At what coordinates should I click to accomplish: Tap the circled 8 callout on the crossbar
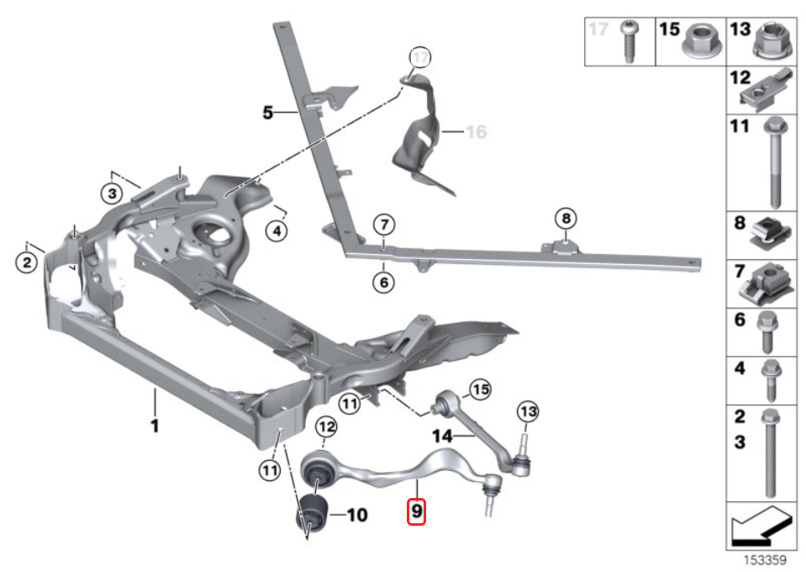coord(566,219)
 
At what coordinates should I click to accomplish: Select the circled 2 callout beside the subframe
coord(27,263)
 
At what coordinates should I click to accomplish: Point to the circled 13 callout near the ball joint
coord(527,412)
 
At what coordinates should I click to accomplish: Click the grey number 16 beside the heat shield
coord(476,132)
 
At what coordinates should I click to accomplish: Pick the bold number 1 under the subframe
coord(155,426)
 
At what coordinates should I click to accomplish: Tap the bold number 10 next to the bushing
coord(356,514)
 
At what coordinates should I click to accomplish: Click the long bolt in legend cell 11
coord(774,164)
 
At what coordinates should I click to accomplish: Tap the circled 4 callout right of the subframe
coord(275,228)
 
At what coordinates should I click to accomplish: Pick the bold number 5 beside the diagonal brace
coord(268,111)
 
